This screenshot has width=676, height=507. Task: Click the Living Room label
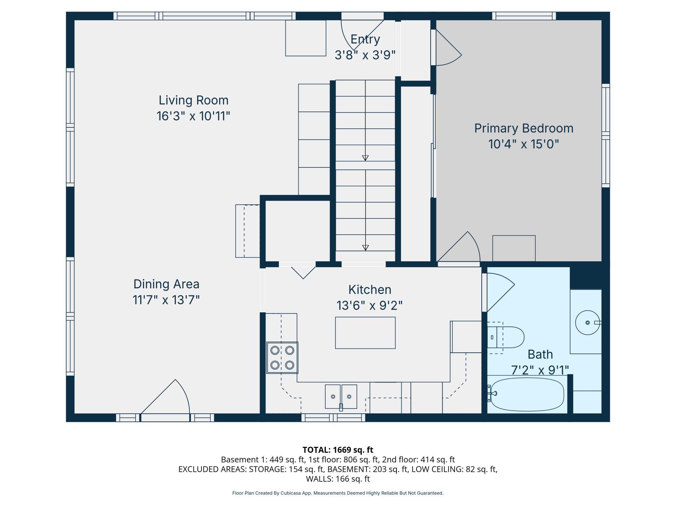coord(194,100)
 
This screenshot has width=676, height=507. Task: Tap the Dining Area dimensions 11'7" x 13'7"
coord(166,300)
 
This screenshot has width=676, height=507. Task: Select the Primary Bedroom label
coord(524,128)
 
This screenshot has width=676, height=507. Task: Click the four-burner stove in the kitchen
coord(282,357)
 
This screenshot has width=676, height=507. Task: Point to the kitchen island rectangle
coord(365,333)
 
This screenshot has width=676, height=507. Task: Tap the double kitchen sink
coord(341,396)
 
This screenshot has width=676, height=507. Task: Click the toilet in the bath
coord(506,337)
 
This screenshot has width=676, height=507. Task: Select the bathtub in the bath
coord(527,395)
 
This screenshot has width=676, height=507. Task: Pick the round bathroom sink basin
coord(588,322)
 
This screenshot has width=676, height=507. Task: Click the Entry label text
coord(365,39)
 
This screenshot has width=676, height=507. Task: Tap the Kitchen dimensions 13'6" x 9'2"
coord(370,305)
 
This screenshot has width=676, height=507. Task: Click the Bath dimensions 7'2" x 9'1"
coord(540,370)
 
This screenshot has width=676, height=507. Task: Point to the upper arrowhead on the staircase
coord(365,158)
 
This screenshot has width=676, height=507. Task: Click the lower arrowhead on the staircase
coord(365,248)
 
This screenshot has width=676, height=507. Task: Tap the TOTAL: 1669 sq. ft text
coord(338,450)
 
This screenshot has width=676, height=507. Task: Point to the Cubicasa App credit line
coord(338,493)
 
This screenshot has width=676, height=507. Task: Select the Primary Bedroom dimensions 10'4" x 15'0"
coord(524,144)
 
